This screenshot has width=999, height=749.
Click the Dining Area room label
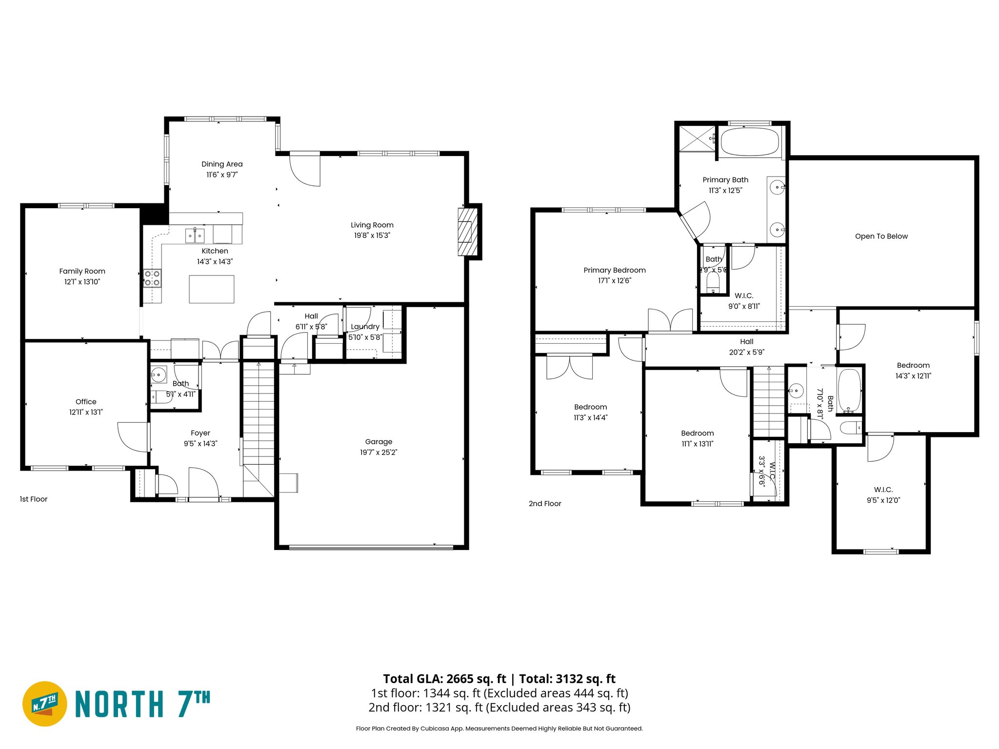pyautogui.click(x=222, y=164)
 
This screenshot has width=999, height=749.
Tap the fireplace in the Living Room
pyautogui.click(x=467, y=232)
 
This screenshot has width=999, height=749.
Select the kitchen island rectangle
pyautogui.click(x=211, y=289)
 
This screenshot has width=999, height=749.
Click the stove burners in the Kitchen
pyautogui.click(x=152, y=278)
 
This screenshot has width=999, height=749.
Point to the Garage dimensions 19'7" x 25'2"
pyautogui.click(x=379, y=453)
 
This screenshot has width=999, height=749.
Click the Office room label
pyautogui.click(x=86, y=402)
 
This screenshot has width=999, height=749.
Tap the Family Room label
pyautogui.click(x=82, y=271)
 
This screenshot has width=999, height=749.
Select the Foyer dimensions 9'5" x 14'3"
pyautogui.click(x=200, y=444)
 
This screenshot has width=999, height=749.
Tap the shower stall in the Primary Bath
pyautogui.click(x=698, y=138)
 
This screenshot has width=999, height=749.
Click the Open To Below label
pyautogui.click(x=881, y=237)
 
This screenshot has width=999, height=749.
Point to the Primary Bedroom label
pyautogui.click(x=615, y=270)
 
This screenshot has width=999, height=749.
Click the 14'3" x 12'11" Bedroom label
pyautogui.click(x=913, y=365)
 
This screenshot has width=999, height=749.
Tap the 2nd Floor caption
pyautogui.click(x=545, y=504)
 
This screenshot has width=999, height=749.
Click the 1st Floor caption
pyautogui.click(x=34, y=499)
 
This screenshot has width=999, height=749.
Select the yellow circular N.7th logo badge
pyautogui.click(x=45, y=704)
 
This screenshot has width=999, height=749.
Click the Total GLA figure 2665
pyautogui.click(x=460, y=679)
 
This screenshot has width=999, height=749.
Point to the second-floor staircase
pyautogui.click(x=769, y=402)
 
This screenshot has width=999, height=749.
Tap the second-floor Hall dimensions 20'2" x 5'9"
pyautogui.click(x=746, y=352)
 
